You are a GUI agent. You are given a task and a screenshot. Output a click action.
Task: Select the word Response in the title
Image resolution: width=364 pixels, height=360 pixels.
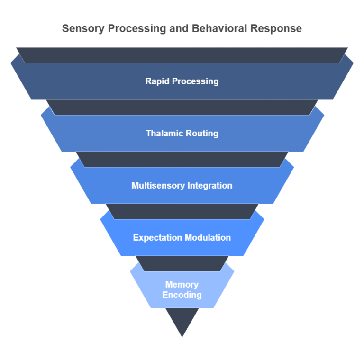click(278, 28)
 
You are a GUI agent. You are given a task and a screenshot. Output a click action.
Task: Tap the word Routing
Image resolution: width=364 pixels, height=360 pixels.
click(202, 133)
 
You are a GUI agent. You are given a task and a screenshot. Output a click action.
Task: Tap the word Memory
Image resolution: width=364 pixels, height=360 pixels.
click(182, 284)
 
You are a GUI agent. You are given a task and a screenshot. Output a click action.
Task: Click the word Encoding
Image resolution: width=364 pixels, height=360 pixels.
click(182, 295)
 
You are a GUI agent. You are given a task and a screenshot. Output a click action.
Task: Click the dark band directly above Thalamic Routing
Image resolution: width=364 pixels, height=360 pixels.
click(182, 107)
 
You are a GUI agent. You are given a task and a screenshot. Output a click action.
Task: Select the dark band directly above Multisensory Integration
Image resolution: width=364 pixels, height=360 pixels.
click(182, 159)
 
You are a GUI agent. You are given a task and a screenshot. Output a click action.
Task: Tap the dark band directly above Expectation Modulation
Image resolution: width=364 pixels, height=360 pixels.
click(182, 211)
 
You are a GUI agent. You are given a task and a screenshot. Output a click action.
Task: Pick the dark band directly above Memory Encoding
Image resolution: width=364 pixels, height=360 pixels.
click(182, 263)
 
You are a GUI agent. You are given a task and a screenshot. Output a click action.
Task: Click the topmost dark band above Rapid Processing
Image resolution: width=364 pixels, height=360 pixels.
click(182, 55)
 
